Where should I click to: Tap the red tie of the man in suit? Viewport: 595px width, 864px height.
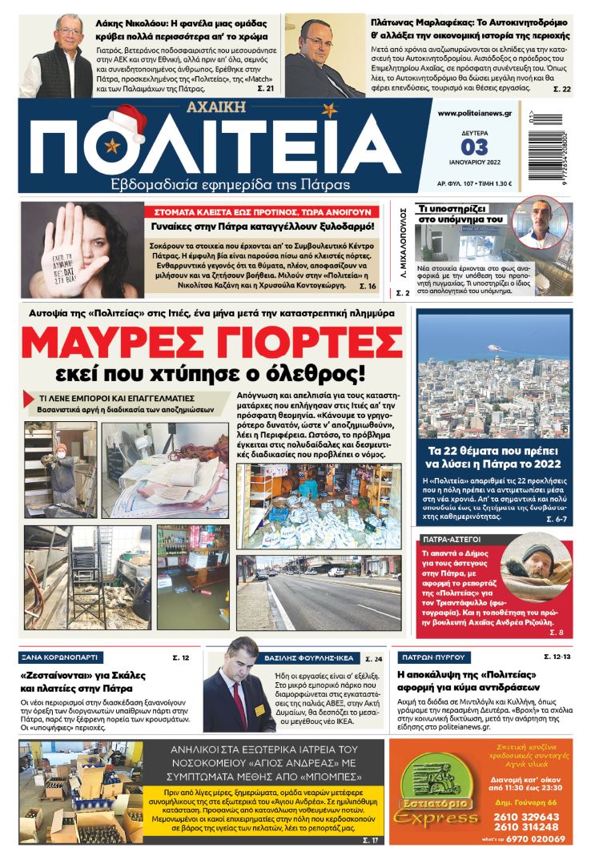[x=238, y=697]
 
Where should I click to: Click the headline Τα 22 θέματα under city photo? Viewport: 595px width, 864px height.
[x=494, y=456]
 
